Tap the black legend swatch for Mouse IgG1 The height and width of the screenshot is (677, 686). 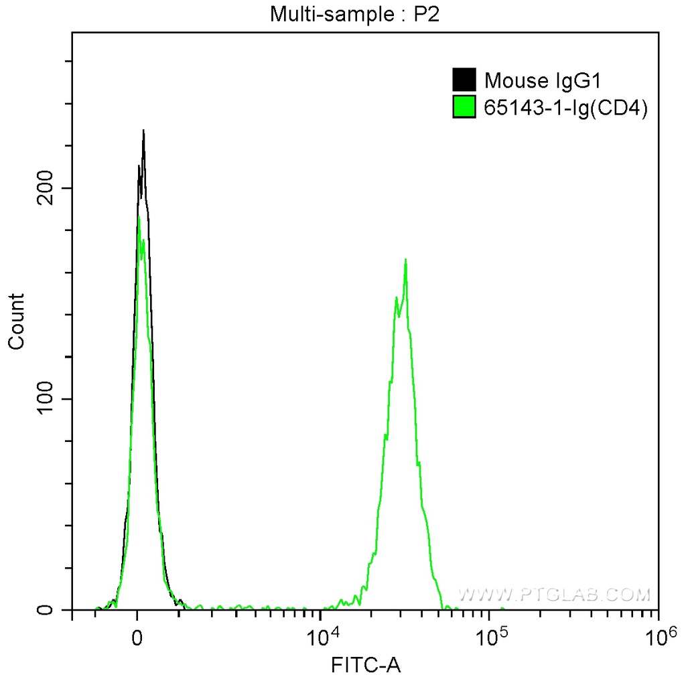[x=464, y=80]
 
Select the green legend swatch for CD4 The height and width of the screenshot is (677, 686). [x=464, y=107]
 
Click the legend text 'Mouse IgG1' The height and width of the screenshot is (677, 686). [x=544, y=80]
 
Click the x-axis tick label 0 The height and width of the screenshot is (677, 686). [x=137, y=636]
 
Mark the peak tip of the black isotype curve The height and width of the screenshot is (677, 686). [x=143, y=131]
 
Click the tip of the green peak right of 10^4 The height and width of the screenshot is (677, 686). [x=406, y=259]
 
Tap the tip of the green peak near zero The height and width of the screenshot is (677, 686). [x=139, y=218]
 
